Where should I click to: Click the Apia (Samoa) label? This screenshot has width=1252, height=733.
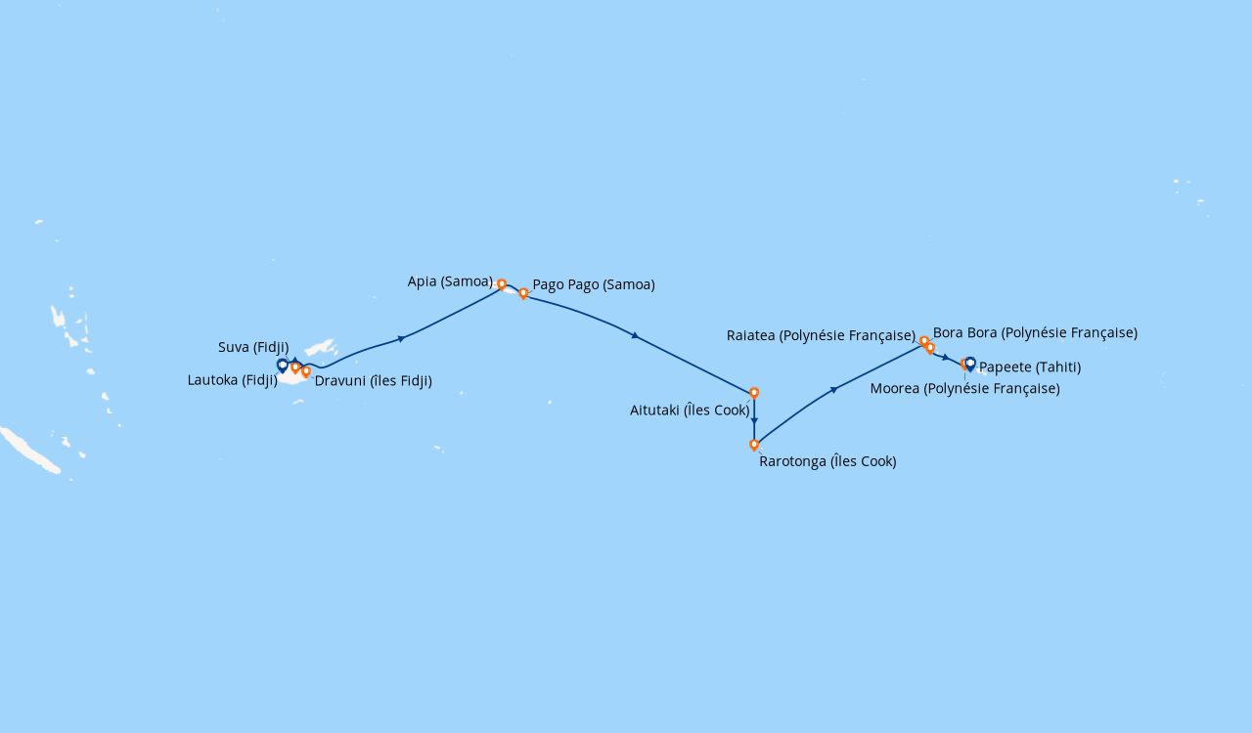click(x=450, y=281)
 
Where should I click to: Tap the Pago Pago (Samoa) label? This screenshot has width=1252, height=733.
click(x=594, y=285)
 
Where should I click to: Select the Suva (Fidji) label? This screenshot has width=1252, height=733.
click(x=253, y=347)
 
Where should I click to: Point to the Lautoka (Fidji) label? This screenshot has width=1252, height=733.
click(x=233, y=380)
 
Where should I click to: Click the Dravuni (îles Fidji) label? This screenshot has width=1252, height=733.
click(x=373, y=381)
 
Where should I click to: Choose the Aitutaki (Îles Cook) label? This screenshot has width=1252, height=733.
click(x=690, y=410)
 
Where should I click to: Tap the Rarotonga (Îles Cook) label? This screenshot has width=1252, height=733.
click(x=827, y=461)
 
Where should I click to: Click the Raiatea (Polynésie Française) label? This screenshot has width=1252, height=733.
click(x=821, y=336)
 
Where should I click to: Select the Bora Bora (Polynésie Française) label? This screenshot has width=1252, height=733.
click(x=1035, y=333)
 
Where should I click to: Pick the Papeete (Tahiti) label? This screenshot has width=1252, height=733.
click(x=1030, y=367)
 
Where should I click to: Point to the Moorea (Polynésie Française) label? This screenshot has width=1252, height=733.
click(x=964, y=389)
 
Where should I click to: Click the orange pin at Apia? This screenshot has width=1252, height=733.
click(x=502, y=284)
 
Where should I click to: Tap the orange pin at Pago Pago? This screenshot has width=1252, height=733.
click(x=523, y=293)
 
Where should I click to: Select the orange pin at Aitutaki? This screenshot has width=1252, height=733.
click(x=754, y=393)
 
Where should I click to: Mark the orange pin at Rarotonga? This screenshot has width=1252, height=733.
click(x=754, y=445)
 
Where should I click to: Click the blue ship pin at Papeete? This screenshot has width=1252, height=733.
click(x=970, y=364)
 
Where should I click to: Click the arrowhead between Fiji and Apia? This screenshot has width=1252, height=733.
click(x=401, y=339)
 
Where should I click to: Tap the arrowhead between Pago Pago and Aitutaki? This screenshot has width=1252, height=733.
click(x=636, y=336)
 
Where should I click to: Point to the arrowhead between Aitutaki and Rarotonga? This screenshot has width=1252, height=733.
click(x=754, y=421)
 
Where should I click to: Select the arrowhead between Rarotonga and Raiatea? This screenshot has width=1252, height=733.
click(x=833, y=390)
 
